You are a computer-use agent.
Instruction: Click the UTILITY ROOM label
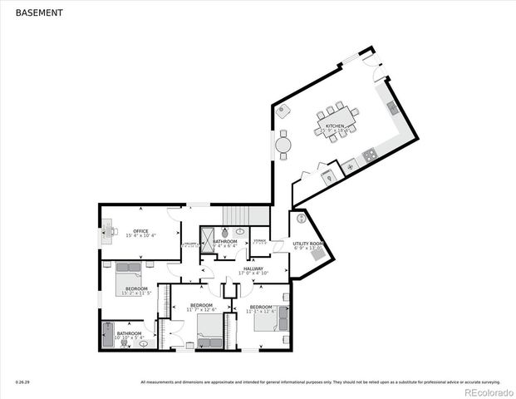point(307,244)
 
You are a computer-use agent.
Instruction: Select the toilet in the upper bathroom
point(240,233)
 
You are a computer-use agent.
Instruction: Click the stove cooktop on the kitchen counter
point(368,155)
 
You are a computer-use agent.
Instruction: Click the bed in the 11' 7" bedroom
point(211,340)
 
